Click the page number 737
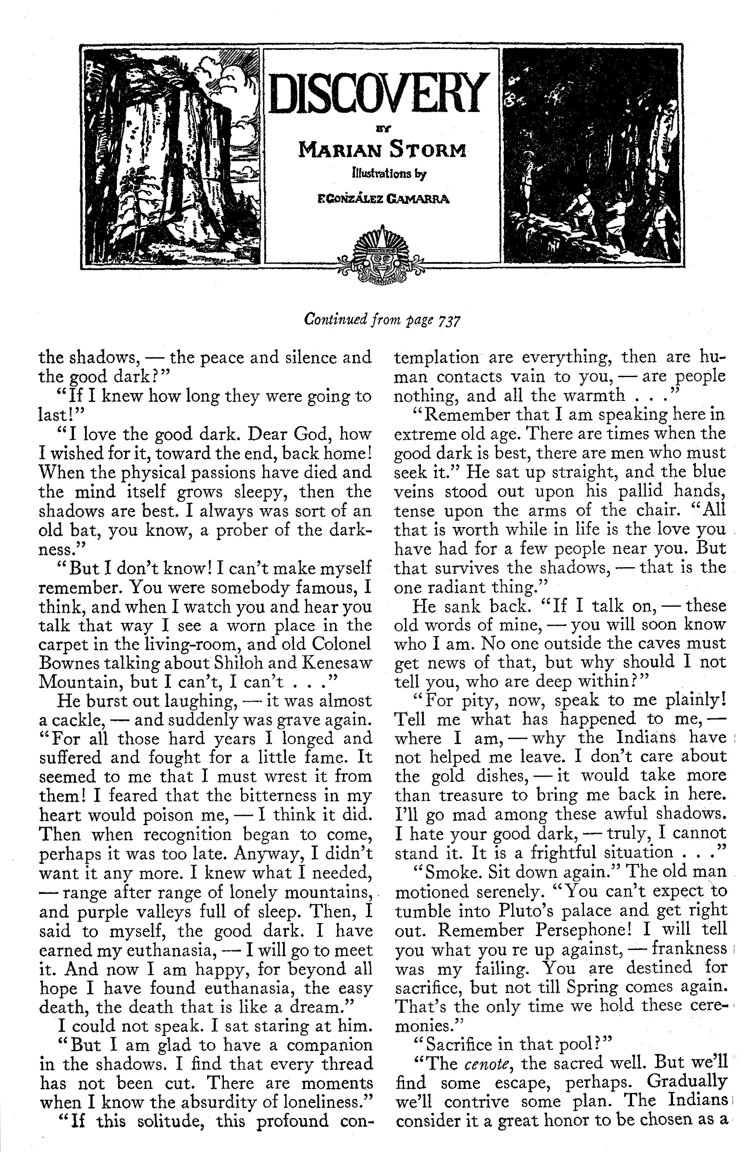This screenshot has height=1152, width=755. [448, 321]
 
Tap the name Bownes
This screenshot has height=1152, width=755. [66, 663]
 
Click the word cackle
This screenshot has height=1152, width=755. [75, 720]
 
